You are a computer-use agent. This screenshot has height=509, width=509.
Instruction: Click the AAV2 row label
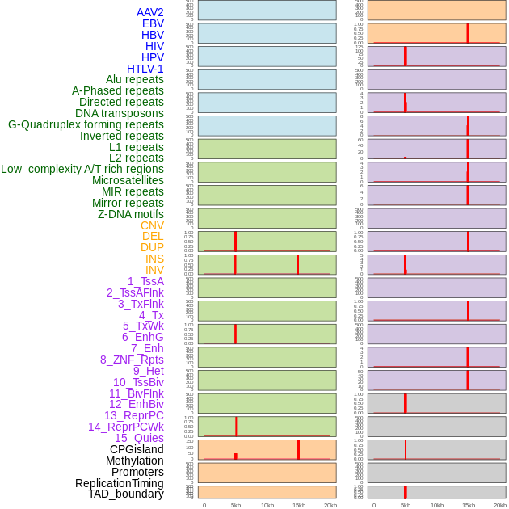coord(149,12)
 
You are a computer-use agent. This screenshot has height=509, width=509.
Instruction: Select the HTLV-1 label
coord(145,69)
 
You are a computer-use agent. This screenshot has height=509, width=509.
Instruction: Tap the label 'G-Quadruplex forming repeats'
coord(86,124)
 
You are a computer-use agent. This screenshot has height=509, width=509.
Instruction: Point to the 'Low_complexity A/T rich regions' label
coord(82,169)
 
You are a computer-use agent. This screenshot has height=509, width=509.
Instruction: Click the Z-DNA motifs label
coord(130,214)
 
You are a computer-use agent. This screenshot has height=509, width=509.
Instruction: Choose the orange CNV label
coord(152,225)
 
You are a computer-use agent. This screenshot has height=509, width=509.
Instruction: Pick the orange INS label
coord(154,259)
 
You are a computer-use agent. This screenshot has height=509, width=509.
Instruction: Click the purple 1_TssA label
coord(145,281)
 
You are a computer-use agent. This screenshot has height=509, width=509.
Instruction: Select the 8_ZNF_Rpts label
coord(132,360)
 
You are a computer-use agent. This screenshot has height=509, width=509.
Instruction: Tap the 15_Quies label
coord(139,438)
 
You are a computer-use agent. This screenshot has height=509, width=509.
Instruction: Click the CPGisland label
coord(137,449)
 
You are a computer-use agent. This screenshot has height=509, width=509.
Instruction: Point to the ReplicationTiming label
coord(119,483)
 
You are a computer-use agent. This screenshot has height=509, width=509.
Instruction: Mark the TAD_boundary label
coord(125,494)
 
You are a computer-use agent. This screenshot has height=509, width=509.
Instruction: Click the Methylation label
coord(134,461)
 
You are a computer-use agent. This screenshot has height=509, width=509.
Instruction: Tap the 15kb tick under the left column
coord(298,505)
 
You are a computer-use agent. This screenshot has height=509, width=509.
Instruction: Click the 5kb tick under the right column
coord(405,505)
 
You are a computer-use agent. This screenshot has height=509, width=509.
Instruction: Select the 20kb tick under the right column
coord(500,505)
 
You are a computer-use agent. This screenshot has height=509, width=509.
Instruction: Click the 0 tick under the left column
coord(204,505)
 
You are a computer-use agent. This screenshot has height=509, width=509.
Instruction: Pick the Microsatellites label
coord(128,180)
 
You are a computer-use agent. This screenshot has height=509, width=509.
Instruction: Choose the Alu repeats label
coord(134,79)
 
